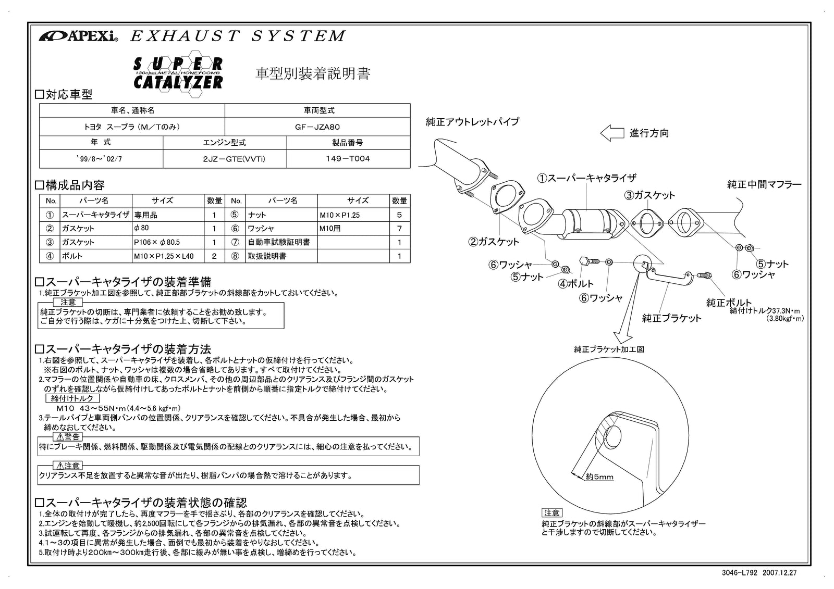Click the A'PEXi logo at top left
(x=79, y=36)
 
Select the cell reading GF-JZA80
(x=317, y=127)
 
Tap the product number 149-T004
(x=348, y=159)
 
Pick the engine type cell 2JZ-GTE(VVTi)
(x=225, y=159)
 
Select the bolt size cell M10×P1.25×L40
(x=163, y=256)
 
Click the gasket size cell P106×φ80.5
(x=157, y=242)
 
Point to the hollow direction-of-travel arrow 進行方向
(x=611, y=133)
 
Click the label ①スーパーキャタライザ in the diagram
(x=586, y=178)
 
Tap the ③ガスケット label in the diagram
(x=649, y=195)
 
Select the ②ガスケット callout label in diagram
(x=493, y=242)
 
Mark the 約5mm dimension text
(x=599, y=477)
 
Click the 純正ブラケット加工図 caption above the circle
(x=609, y=349)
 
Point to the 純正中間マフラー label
(x=764, y=184)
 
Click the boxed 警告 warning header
(x=68, y=436)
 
